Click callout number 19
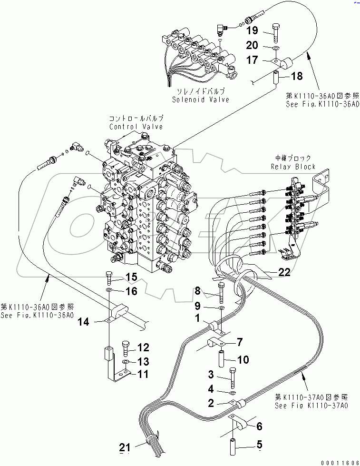click(x=252, y=30)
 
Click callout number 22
click(x=284, y=272)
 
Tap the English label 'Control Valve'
click(x=136, y=127)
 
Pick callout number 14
click(x=83, y=322)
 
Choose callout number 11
click(x=143, y=374)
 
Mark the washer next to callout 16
click(x=109, y=290)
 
